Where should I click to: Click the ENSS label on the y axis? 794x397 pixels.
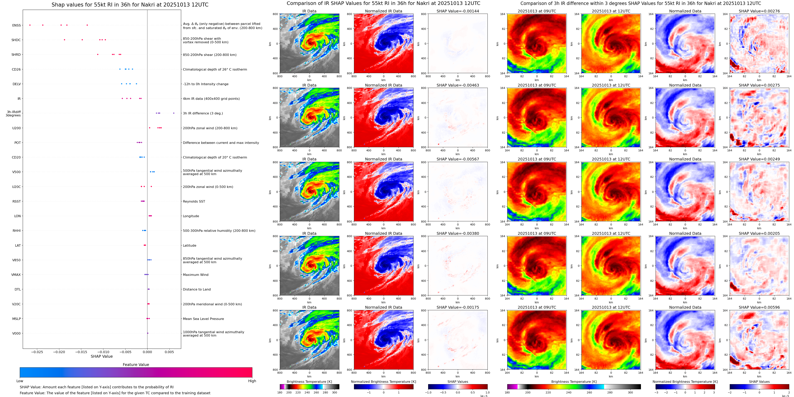pos(16,25)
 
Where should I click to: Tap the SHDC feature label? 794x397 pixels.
pos(16,40)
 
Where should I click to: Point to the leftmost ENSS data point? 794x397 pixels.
pos(30,25)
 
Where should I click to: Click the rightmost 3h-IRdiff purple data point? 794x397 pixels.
pos(174,113)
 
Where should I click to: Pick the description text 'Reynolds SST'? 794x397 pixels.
pos(194,201)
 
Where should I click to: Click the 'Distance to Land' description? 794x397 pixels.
pos(197,289)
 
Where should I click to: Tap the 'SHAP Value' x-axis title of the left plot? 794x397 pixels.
pos(102,356)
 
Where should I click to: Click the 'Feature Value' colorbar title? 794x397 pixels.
pos(136,365)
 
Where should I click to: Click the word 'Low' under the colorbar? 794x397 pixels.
pos(20,381)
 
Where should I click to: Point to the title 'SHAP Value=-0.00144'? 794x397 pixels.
pos(458,11)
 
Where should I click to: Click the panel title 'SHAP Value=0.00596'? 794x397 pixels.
pos(759,307)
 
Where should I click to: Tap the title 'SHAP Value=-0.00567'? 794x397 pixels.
pos(458,159)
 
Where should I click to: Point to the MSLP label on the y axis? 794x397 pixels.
pos(16,319)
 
